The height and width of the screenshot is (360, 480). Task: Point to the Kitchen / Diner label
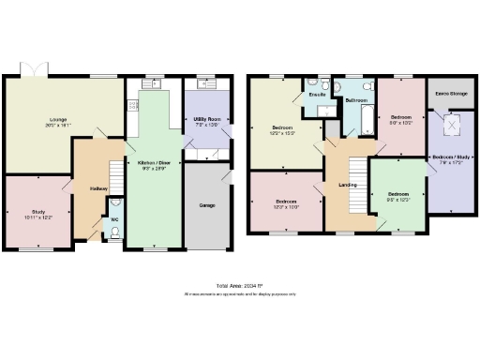(154, 162)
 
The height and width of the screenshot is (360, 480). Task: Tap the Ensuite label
(318, 94)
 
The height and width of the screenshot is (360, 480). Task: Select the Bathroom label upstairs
(356, 99)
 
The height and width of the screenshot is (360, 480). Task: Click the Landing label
(346, 195)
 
